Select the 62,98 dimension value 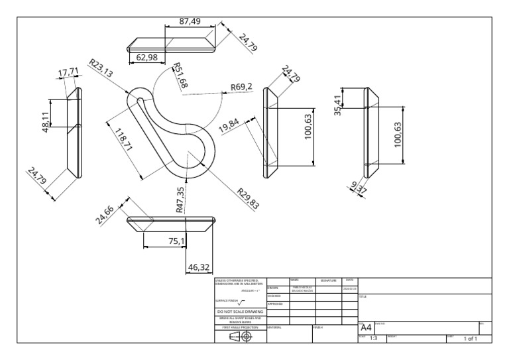150,58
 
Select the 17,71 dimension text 68,72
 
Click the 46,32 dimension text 199,267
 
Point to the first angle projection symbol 241,336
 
